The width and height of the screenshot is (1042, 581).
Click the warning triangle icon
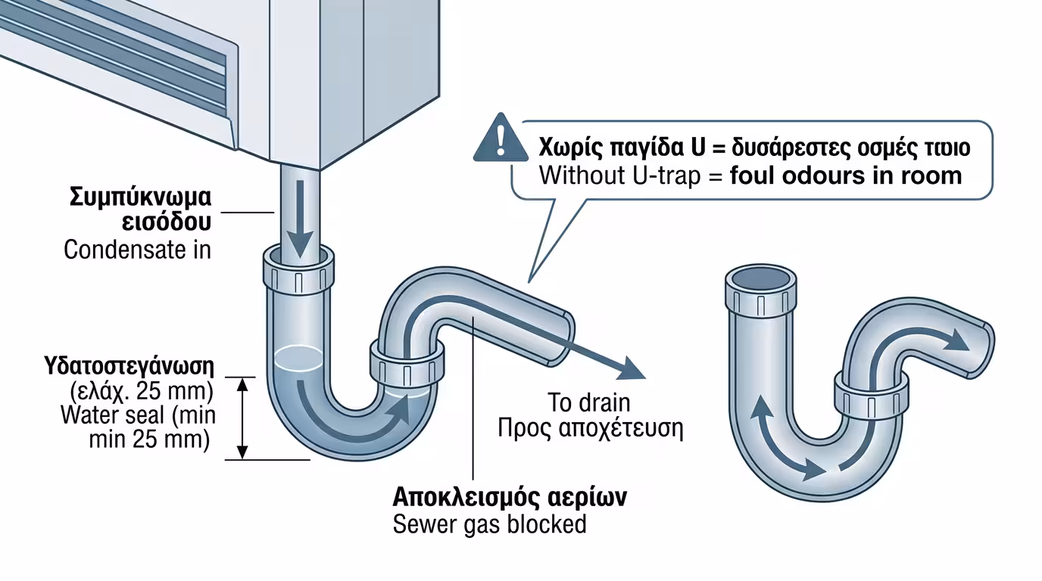point(500,138)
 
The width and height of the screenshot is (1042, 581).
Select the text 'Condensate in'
point(137,250)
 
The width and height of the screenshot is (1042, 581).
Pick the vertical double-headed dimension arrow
point(242,418)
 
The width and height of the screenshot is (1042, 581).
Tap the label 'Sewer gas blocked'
point(489,524)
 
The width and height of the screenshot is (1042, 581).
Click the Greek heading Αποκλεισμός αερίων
point(510,498)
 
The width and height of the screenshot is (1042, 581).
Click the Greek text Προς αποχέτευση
point(591,428)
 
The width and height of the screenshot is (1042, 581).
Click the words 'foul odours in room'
point(846,176)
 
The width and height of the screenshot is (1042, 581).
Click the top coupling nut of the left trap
point(298,275)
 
